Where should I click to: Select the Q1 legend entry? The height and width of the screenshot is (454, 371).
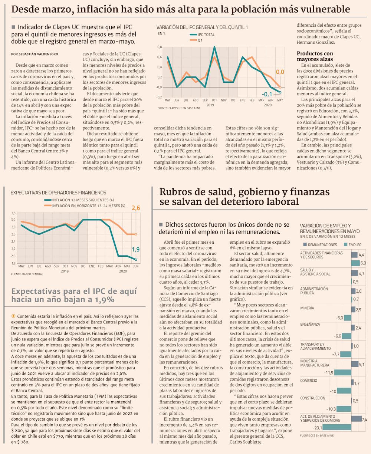tap(196, 40)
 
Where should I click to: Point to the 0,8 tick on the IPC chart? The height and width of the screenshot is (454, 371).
tap(160, 47)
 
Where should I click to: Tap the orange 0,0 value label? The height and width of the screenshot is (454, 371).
tap(280, 72)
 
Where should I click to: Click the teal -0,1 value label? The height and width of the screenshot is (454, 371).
tap(267, 94)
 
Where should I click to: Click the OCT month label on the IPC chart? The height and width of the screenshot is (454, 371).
tap(214, 100)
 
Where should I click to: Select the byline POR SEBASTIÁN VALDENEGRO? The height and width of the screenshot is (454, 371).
tap(35, 54)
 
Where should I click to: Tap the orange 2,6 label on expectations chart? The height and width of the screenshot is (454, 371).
tap(136, 208)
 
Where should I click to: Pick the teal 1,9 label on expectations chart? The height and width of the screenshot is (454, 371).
tap(136, 249)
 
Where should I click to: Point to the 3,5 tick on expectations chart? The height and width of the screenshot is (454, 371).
tap(13, 213)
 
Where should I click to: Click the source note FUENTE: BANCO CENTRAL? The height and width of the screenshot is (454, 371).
tap(27, 274)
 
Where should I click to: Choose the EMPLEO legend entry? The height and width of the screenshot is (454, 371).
tap(353, 245)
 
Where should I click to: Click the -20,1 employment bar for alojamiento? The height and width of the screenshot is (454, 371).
tap(337, 427)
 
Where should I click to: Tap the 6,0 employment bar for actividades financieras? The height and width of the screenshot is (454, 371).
tap(355, 263)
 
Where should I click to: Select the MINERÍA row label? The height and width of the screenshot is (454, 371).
tap(307, 308)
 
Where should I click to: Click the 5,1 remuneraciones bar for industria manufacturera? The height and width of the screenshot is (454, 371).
tap(355, 364)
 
